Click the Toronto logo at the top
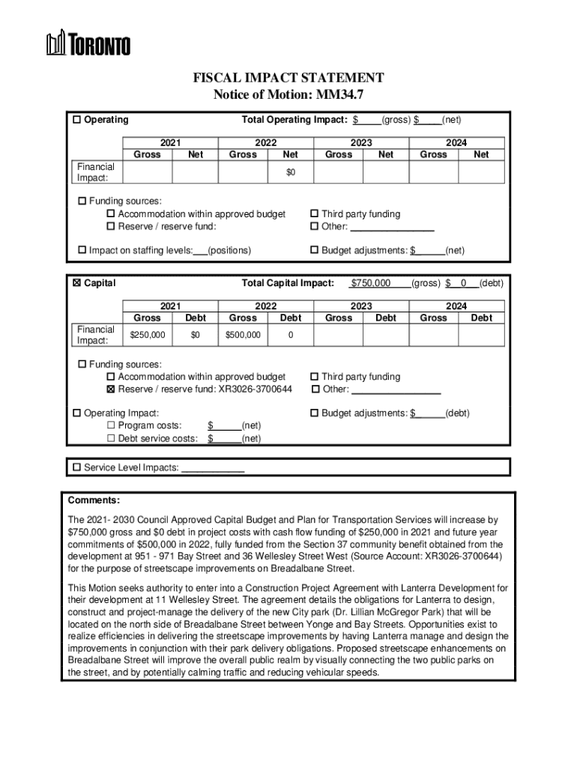coord(88,43)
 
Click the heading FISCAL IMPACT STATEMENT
coord(288,78)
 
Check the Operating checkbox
coord(76,120)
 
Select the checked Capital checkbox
coord(76,284)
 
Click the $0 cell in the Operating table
coord(290,172)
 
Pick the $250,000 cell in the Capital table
coord(147,335)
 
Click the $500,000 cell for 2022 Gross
coord(243,335)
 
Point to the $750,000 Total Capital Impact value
coord(370,284)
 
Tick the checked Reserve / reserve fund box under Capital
coord(111,389)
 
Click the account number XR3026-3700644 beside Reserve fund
coord(256,389)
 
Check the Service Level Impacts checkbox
coord(76,467)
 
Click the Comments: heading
coord(94,500)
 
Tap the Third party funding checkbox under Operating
coord(315,214)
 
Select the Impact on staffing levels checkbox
coord(82,250)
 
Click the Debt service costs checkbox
coord(111,438)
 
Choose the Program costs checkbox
coord(111,426)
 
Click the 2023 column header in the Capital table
coord(361,306)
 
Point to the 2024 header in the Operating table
coord(456,142)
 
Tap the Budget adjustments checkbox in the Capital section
coord(315,413)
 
